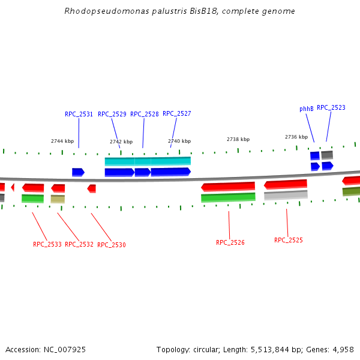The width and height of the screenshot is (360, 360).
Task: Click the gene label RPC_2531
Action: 79,114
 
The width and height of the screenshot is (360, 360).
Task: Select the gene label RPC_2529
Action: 112,114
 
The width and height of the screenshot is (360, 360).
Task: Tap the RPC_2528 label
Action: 144,114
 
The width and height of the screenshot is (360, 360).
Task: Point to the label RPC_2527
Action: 176,113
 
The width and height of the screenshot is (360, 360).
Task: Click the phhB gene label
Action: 306,109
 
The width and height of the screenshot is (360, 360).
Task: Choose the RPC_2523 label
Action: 331,107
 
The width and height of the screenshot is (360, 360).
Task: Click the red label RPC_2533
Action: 47,245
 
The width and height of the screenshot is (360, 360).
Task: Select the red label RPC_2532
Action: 79,245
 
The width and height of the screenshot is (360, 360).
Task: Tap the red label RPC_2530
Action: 112,245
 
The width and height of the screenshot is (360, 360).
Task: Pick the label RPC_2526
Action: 230,242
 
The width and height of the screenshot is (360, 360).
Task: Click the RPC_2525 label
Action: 289,240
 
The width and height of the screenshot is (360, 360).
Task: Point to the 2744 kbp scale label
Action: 62,142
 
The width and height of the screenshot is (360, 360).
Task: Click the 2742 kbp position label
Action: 121,142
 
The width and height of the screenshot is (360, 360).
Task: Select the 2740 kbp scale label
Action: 179,141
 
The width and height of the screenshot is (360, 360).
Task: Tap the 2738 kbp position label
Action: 238,139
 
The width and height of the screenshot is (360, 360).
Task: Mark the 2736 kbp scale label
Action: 296,137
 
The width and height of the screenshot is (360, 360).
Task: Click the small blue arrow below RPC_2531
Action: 78,172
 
